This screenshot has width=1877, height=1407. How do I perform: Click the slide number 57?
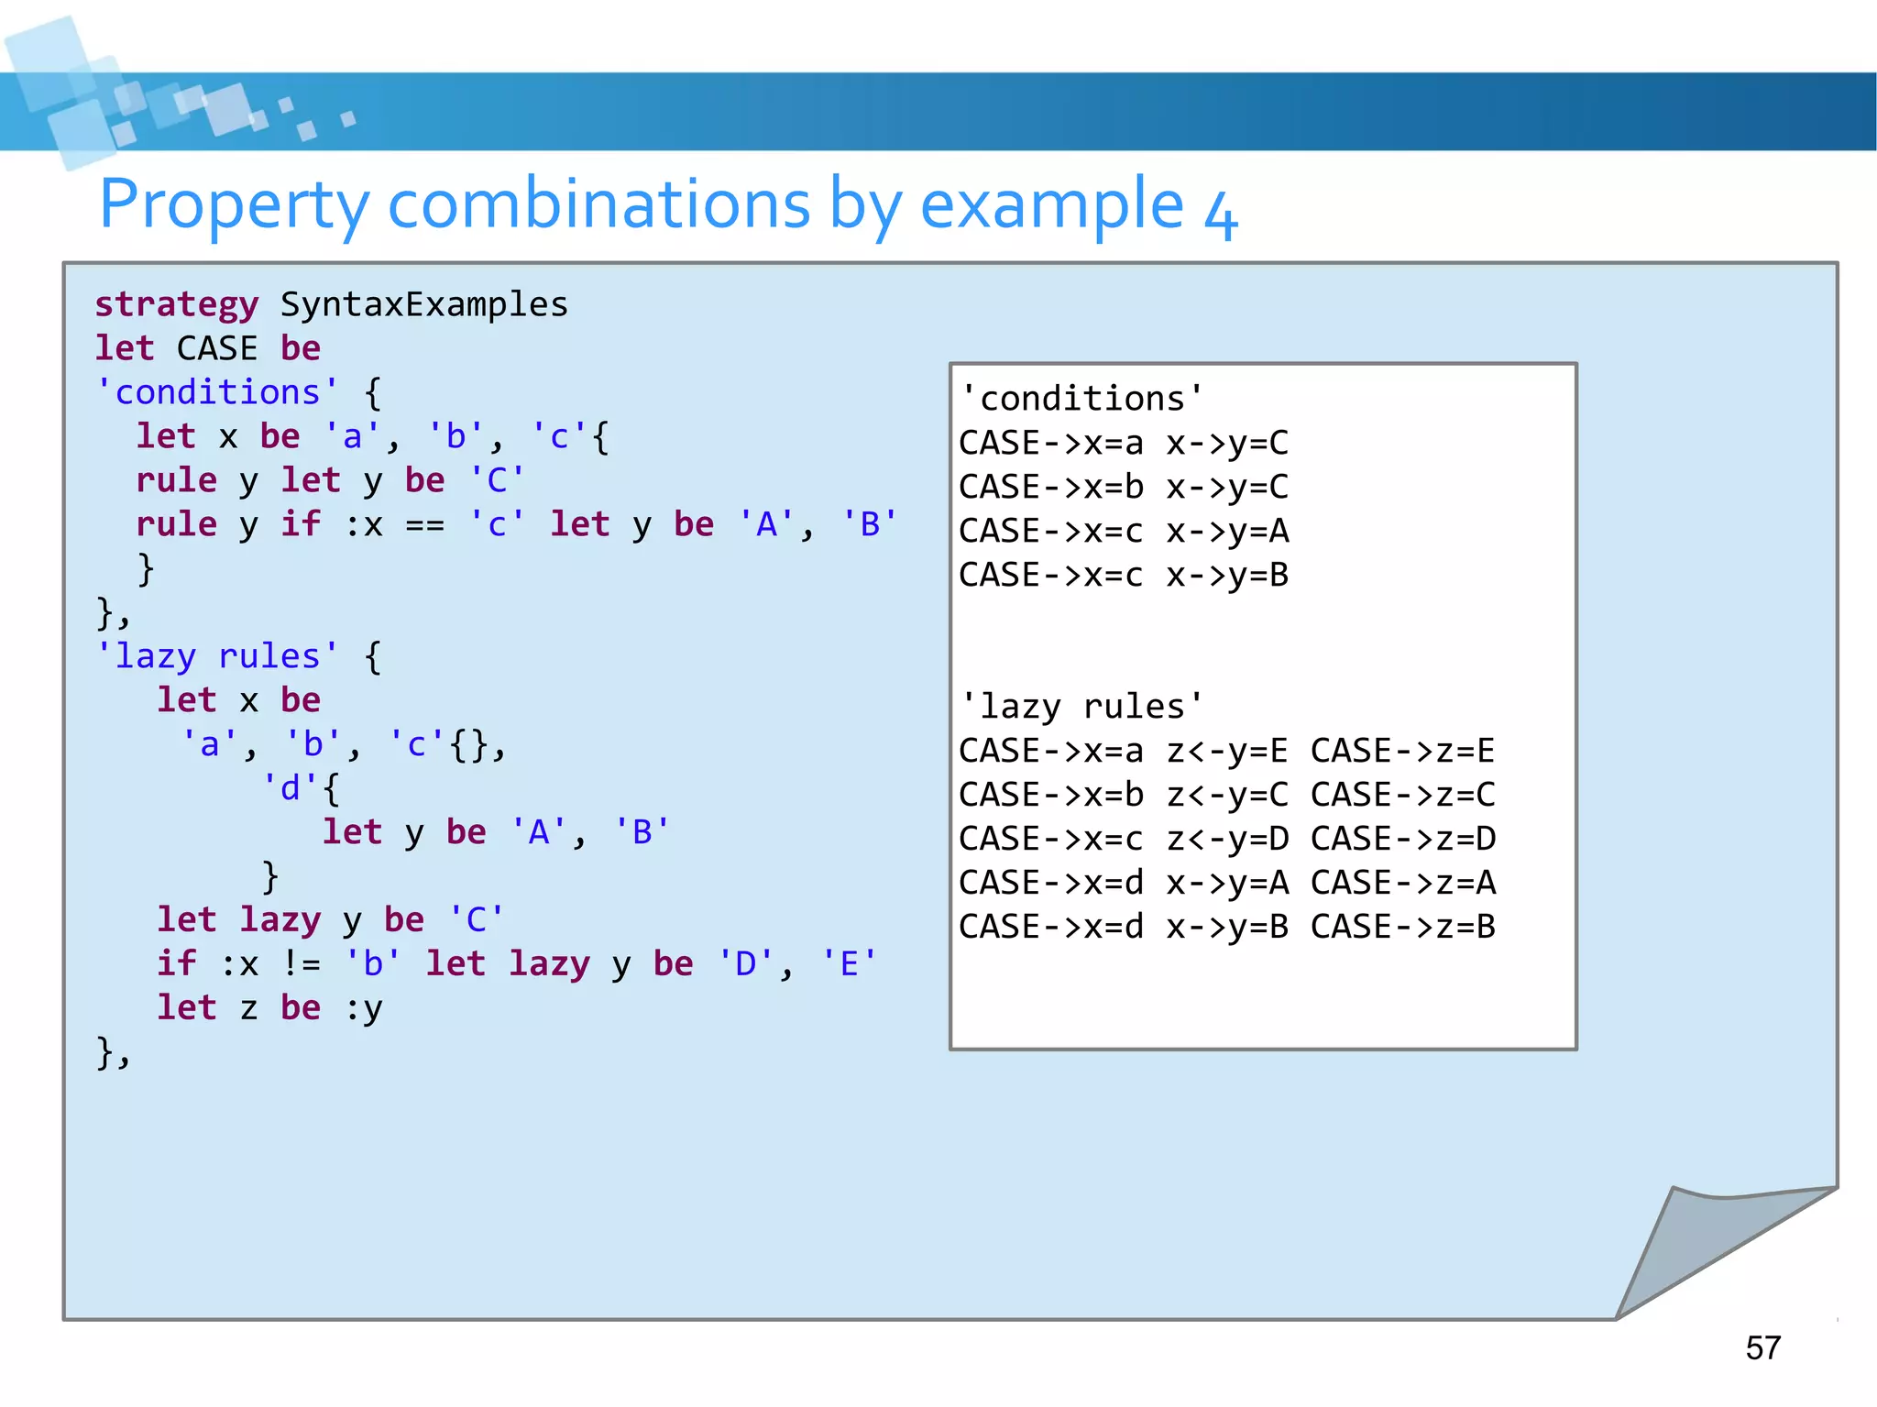tap(1762, 1347)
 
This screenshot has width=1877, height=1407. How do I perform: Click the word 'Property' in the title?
tap(234, 204)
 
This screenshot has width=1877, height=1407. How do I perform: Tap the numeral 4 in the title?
tap(1221, 214)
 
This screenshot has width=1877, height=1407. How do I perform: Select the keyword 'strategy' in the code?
tap(177, 304)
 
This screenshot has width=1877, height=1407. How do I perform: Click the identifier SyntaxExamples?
tap(423, 304)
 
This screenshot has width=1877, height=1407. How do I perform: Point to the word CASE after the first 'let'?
tap(217, 348)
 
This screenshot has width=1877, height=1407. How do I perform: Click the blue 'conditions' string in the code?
tap(217, 392)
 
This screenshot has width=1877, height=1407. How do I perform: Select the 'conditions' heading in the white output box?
tap(1081, 399)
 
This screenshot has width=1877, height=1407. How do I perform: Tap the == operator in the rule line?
tap(424, 525)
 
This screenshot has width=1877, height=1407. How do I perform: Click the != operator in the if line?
tap(302, 964)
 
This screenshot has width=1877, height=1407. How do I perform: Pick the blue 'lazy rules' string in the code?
tap(217, 656)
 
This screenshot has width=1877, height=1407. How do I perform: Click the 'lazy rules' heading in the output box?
tap(1081, 707)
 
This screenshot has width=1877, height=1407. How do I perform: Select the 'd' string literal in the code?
tap(291, 788)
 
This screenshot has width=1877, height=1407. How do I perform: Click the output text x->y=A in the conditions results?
tap(1227, 531)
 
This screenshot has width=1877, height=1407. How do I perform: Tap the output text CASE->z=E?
tap(1402, 751)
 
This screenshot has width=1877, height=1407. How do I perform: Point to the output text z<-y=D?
tap(1227, 839)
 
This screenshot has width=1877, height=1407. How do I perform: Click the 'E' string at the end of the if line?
tap(849, 964)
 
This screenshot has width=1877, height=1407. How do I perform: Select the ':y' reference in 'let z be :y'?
tap(364, 1008)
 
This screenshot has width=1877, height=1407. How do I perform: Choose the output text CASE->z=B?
tap(1402, 927)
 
